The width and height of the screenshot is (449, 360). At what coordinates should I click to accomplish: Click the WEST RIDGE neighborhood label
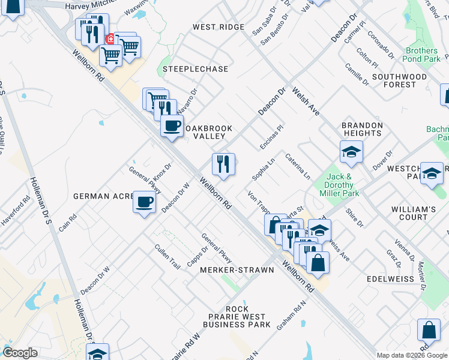coord(218,27)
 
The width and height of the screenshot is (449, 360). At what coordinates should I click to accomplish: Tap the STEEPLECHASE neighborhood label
coord(195,69)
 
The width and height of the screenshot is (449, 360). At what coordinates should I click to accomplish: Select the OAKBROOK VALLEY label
coord(208,132)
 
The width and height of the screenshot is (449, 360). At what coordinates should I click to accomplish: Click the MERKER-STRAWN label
coord(237,270)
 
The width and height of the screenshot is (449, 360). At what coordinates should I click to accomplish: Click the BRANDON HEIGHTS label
coord(362,130)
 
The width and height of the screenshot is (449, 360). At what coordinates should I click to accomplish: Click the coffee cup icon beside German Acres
coord(144,202)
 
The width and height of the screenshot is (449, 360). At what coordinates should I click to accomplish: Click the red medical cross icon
coord(110,40)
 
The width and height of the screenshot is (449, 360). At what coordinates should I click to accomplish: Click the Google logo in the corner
coord(20,353)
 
